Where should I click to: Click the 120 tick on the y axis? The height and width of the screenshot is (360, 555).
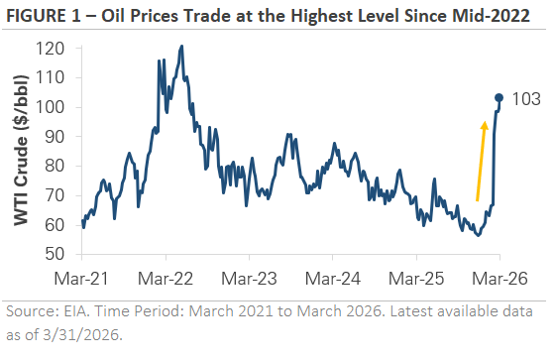(x=56, y=50)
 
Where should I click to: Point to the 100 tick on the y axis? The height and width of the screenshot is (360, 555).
(x=56, y=108)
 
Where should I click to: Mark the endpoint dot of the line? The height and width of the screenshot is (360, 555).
(x=499, y=98)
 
